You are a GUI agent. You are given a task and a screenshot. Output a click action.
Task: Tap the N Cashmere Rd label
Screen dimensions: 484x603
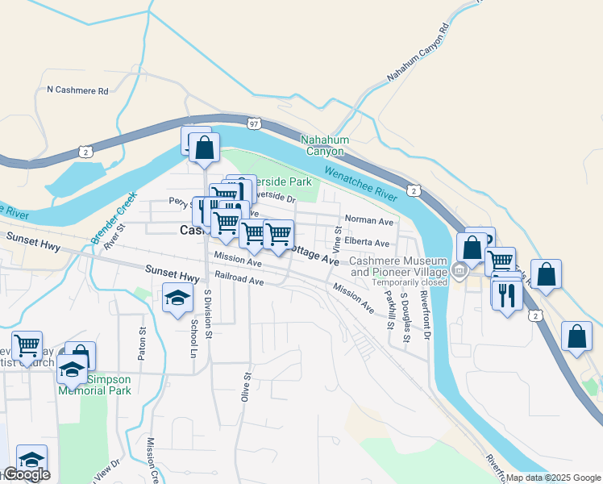click(x=77, y=91)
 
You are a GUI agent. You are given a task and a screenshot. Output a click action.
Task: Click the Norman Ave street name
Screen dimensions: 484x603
click(x=368, y=220)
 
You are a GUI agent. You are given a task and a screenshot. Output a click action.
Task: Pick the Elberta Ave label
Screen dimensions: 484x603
click(x=367, y=243)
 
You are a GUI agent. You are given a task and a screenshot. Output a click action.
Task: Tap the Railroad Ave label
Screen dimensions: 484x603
click(x=239, y=282)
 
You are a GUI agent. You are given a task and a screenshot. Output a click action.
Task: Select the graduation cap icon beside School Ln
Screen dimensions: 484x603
click(x=177, y=299)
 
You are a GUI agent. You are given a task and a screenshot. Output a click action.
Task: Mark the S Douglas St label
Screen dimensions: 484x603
click(x=405, y=321)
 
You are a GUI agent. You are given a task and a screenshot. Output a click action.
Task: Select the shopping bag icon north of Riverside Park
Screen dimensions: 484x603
click(x=205, y=147)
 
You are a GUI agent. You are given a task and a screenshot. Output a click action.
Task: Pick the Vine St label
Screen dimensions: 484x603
click(x=337, y=237)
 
